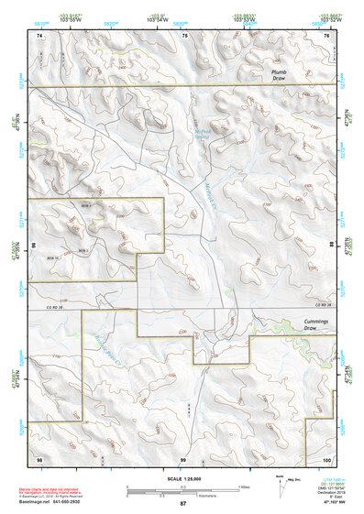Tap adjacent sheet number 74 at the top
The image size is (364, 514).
(39, 35)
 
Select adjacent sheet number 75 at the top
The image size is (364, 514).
(183, 35)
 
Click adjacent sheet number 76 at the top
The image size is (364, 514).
(326, 35)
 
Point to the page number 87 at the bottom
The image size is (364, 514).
(182, 504)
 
